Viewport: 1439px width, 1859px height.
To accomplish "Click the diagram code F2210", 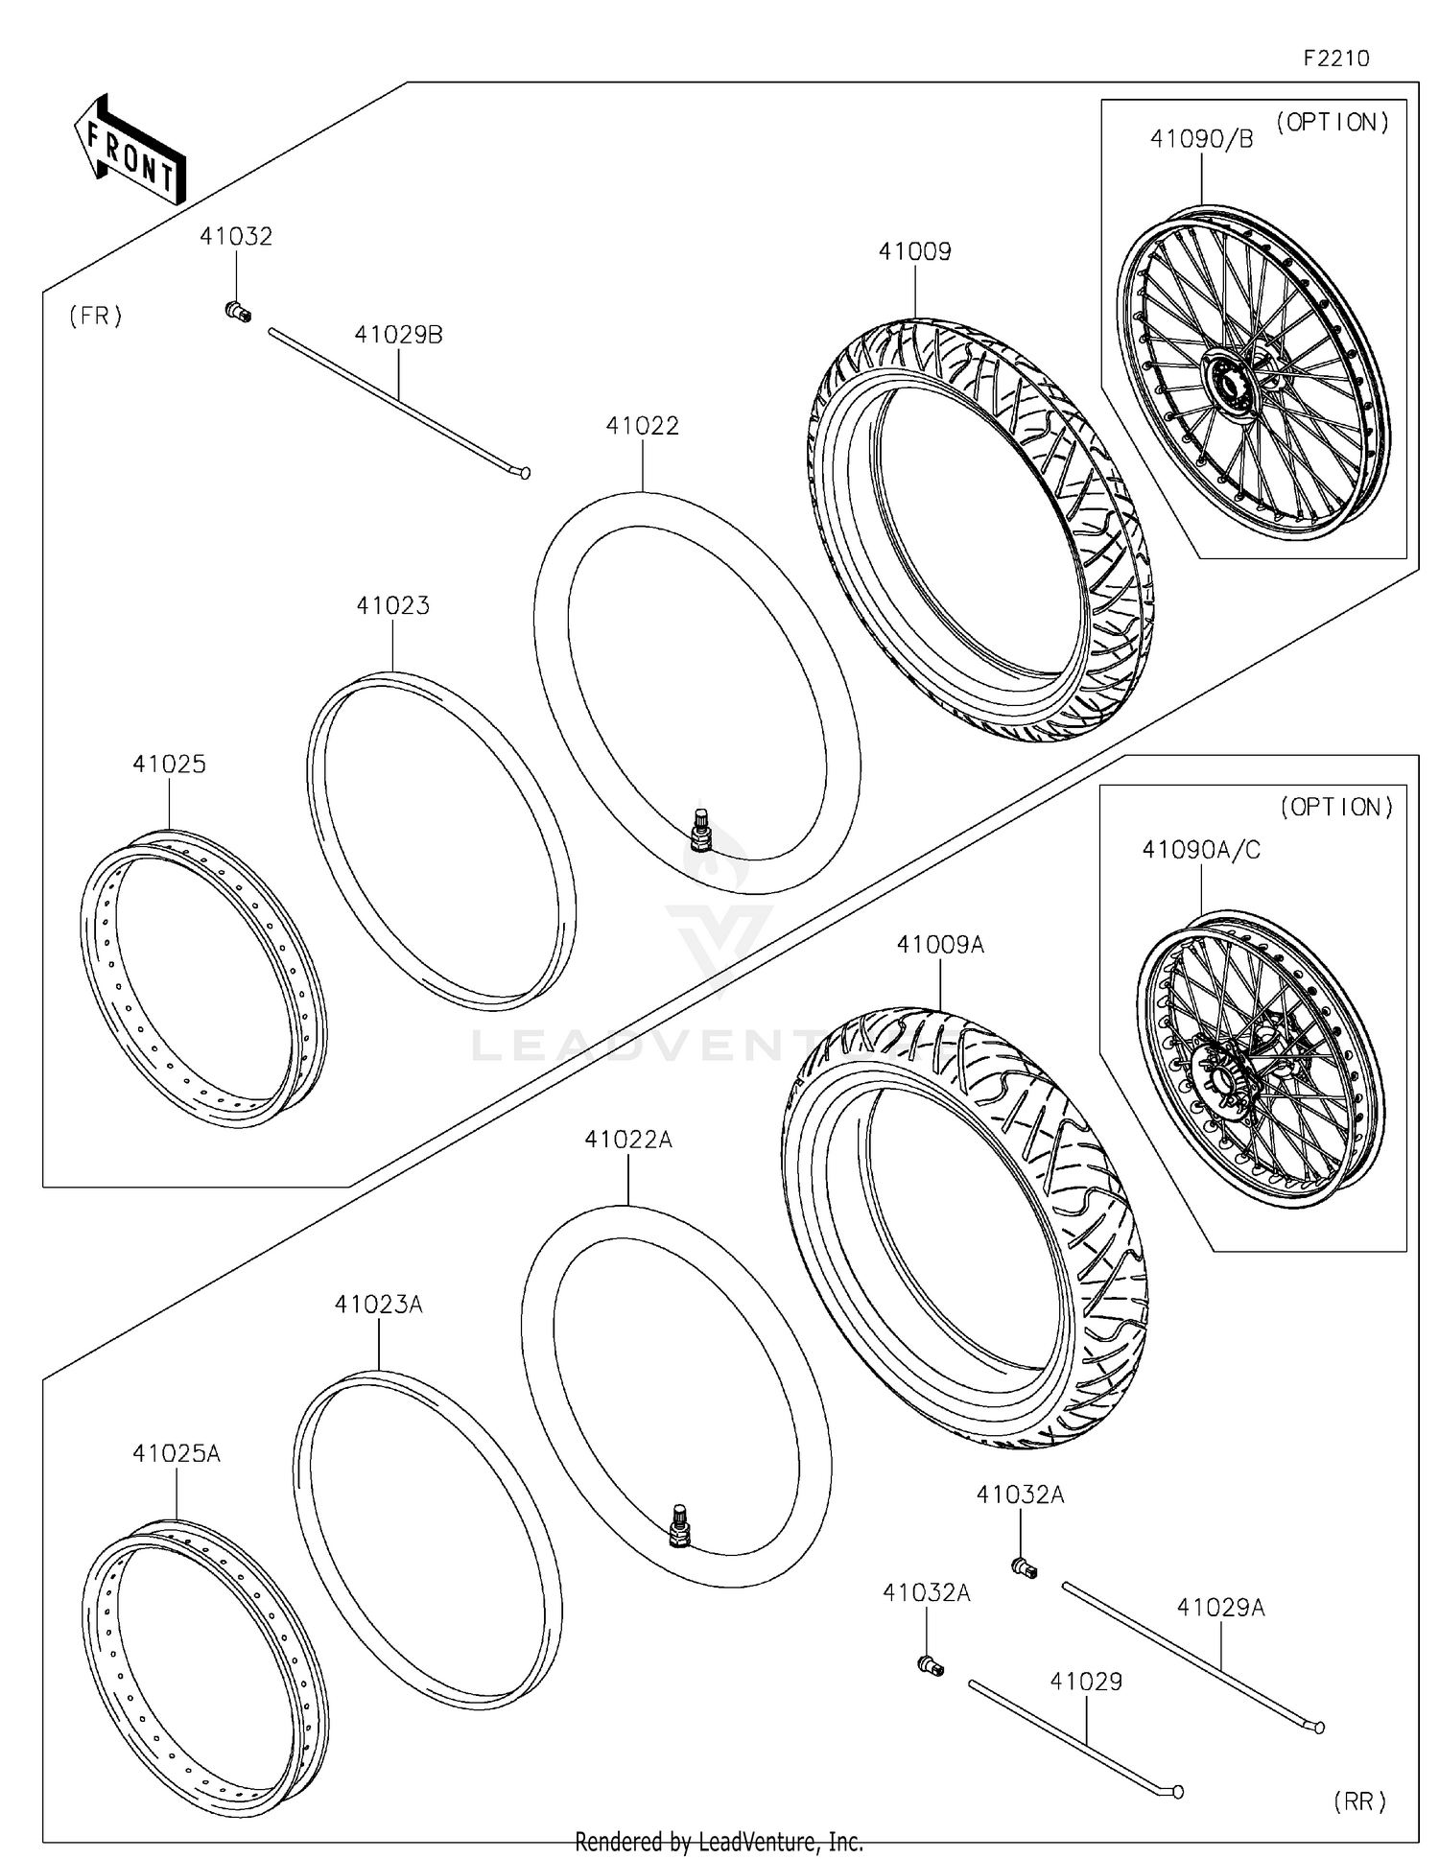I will [1335, 59].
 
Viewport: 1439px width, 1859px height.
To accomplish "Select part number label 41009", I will [914, 251].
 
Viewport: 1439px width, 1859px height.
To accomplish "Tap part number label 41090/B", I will [1201, 139].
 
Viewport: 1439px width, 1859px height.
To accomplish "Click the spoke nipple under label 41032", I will [237, 311].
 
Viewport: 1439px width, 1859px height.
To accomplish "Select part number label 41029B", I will [398, 335].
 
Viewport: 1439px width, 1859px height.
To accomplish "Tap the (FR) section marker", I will [96, 317].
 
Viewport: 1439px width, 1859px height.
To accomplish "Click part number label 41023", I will [392, 605].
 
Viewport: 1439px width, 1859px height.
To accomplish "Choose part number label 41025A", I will [177, 1453].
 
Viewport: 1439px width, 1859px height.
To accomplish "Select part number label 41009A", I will [940, 945].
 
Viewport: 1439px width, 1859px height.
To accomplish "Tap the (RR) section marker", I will [1359, 1801].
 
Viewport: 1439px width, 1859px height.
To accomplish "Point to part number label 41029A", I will [1220, 1607].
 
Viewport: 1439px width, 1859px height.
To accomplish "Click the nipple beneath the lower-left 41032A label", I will [931, 1666].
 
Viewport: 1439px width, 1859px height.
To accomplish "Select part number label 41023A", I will [378, 1305].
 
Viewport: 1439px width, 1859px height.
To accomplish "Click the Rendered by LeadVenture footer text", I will [719, 1842].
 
